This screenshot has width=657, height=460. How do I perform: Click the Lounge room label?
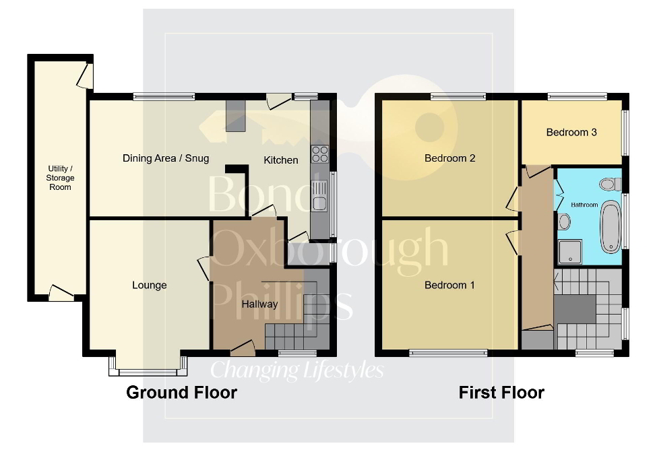(x=149, y=286)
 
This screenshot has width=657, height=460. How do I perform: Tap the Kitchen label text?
(x=280, y=160)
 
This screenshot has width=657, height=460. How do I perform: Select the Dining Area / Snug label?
(x=166, y=159)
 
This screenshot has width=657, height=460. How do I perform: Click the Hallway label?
(x=259, y=304)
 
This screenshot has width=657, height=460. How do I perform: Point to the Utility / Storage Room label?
(x=61, y=177)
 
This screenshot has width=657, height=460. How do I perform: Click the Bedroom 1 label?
(x=449, y=286)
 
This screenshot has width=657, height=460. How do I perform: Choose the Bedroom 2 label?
(x=449, y=159)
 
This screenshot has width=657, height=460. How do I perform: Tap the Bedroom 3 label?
(x=571, y=133)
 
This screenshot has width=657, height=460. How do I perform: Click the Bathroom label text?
(x=584, y=204)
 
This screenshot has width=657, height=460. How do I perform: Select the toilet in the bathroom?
(x=611, y=184)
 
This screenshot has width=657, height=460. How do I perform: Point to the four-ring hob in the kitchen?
(x=319, y=154)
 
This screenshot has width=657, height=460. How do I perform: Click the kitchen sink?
(x=319, y=195)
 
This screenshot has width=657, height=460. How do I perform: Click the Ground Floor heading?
(x=182, y=393)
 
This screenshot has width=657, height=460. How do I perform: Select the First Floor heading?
(x=501, y=393)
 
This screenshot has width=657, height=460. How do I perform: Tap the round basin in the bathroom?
(x=564, y=222)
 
